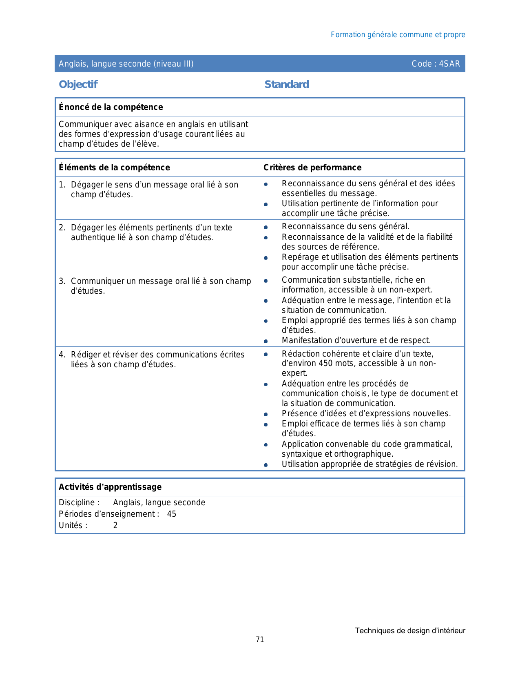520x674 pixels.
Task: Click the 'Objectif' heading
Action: [x=78, y=84]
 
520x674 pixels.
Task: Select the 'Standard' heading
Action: [x=286, y=84]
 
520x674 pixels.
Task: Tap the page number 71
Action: [x=260, y=640]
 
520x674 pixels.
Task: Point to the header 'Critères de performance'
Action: [x=312, y=167]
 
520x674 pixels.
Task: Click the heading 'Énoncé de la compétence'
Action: [x=111, y=107]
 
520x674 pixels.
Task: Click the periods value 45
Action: [x=172, y=514]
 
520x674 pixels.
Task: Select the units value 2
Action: [x=115, y=525]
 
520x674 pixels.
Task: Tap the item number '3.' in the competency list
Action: [x=62, y=281]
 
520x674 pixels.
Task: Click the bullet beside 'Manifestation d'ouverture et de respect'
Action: [x=266, y=341]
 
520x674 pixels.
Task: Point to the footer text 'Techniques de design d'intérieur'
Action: [x=410, y=631]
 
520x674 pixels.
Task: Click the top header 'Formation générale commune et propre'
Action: [x=398, y=35]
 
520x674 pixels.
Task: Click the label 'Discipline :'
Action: [x=79, y=502]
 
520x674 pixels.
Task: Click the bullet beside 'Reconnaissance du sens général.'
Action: [x=266, y=227]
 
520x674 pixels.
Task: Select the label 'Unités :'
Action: [x=73, y=525]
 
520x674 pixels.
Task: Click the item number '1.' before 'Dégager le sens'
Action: [x=62, y=185]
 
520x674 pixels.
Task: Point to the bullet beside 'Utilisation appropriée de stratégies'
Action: [x=266, y=465]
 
